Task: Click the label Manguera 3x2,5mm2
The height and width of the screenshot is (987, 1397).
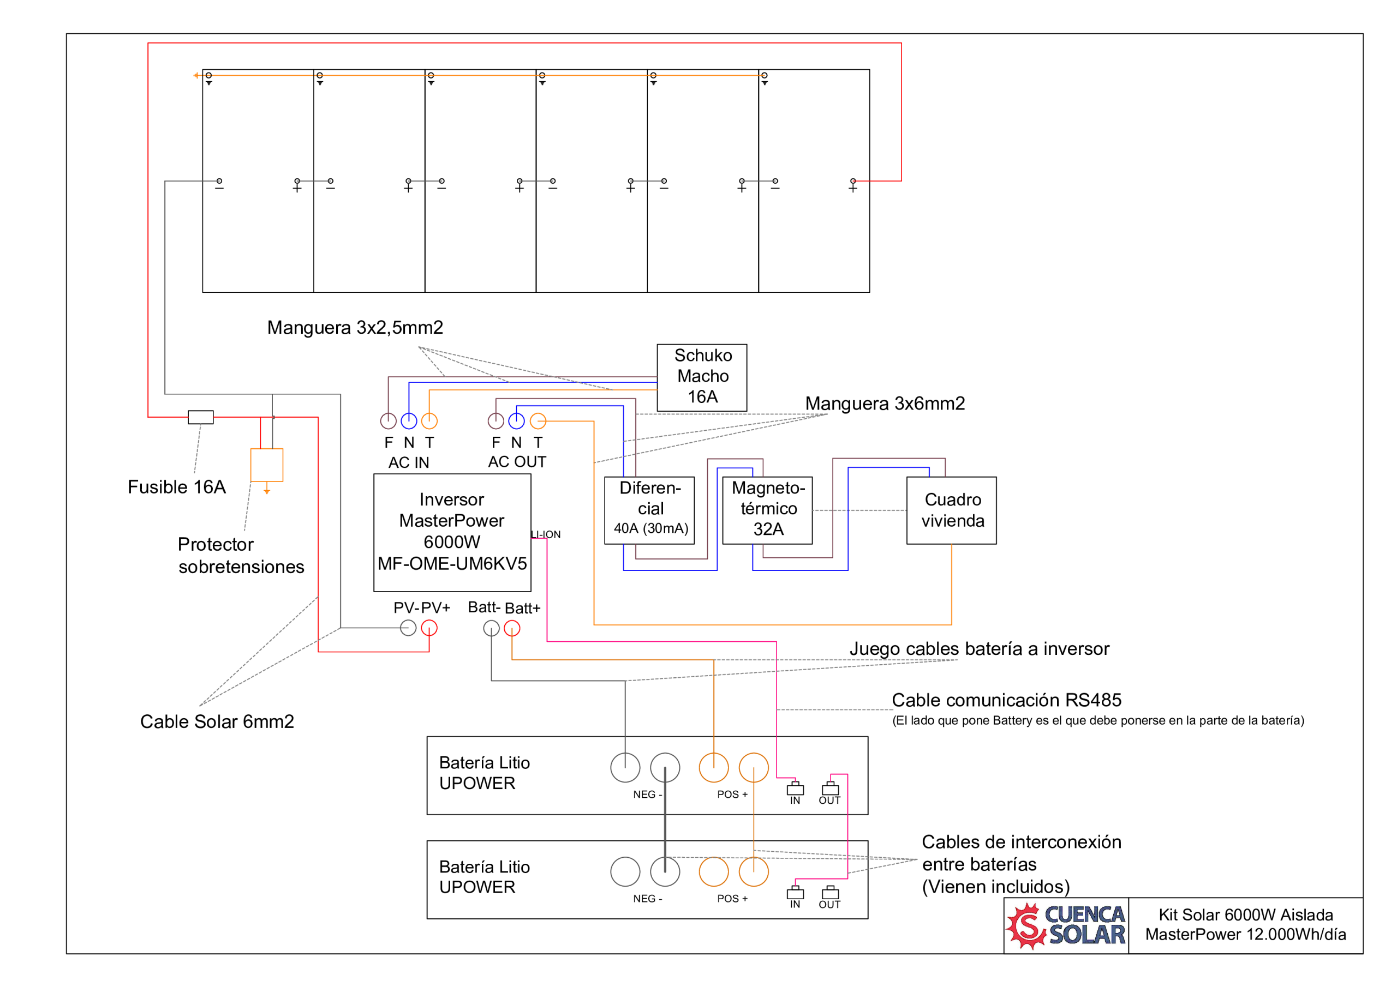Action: [355, 328]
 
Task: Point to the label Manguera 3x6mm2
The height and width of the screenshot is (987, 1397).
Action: [885, 404]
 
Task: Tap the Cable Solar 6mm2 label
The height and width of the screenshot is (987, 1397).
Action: [217, 722]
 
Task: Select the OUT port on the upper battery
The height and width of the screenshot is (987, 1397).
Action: [830, 790]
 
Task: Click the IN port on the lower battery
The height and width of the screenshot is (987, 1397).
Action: [795, 893]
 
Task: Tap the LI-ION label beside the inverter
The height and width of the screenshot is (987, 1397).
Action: [546, 534]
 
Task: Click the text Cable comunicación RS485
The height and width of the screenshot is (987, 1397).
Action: [1006, 701]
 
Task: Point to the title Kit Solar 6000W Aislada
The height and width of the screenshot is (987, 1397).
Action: [1245, 915]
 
